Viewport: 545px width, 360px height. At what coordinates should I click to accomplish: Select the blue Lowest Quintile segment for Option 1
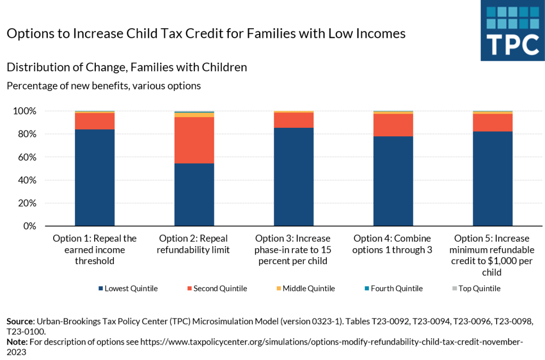pyautogui.click(x=95, y=178)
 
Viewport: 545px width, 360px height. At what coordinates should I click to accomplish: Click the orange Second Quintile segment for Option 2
pyautogui.click(x=194, y=140)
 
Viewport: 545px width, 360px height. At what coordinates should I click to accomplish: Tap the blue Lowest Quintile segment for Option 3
pyautogui.click(x=294, y=177)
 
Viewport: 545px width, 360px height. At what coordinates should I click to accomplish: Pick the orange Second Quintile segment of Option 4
pyautogui.click(x=393, y=125)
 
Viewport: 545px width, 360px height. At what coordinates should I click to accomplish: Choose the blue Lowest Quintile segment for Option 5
pyautogui.click(x=492, y=179)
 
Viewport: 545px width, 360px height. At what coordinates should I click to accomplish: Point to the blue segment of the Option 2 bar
pyautogui.click(x=194, y=194)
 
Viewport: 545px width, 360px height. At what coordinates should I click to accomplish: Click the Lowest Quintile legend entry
pyautogui.click(x=128, y=289)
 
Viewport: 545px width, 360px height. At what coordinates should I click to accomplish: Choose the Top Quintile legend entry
pyautogui.click(x=475, y=289)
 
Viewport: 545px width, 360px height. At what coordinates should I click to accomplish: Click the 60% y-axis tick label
pyautogui.click(x=27, y=157)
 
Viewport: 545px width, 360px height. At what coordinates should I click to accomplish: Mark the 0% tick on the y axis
pyautogui.click(x=29, y=226)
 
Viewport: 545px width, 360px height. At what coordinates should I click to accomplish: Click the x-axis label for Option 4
pyautogui.click(x=393, y=244)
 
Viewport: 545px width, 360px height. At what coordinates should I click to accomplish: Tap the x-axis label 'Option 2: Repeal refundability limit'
pyautogui.click(x=194, y=244)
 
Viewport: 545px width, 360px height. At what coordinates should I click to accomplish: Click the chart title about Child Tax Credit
pyautogui.click(x=205, y=34)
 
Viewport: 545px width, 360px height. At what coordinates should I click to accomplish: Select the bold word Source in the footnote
pyautogui.click(x=20, y=322)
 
